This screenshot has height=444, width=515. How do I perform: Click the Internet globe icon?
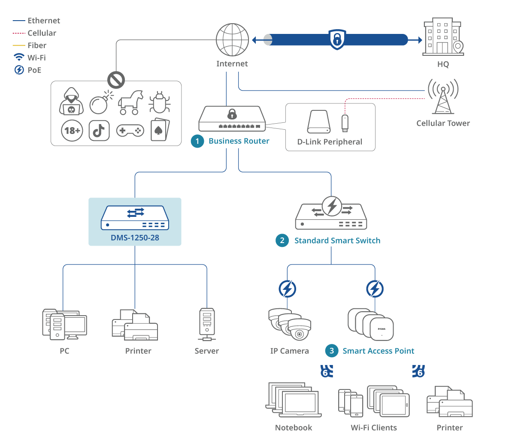232,40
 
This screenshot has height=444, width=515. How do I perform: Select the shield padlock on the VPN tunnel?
337,40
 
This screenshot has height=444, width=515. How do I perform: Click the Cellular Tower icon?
443,96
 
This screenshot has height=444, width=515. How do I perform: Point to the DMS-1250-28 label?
135,237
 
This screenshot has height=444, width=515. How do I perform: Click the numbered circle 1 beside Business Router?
197,141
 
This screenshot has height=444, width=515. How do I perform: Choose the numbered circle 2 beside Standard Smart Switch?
282,240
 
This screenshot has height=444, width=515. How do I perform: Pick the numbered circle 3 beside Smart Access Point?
332,351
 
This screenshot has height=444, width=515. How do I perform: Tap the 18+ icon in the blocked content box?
72,131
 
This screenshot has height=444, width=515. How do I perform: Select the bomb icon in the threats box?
100,103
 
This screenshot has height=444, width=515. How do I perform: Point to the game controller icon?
130,131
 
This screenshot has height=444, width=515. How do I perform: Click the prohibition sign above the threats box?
116,79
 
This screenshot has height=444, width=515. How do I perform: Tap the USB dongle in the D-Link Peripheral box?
344,123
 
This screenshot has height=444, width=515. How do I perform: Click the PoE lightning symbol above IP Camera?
287,289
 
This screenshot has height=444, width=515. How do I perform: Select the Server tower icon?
207,325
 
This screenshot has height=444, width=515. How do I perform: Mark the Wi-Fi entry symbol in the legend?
19,58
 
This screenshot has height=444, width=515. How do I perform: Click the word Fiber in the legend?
37,46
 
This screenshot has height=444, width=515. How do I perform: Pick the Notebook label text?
294,428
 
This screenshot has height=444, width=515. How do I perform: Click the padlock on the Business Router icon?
232,114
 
